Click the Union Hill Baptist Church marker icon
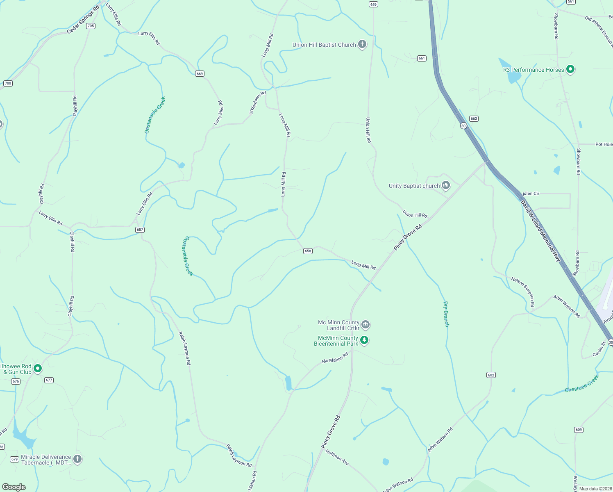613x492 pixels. [362, 44]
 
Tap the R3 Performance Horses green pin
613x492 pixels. [570, 69]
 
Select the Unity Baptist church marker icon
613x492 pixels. [446, 185]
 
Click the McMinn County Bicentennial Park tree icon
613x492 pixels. [364, 340]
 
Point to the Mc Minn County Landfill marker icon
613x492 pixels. [366, 325]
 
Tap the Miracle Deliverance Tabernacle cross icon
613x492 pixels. [77, 459]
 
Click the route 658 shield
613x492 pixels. [308, 251]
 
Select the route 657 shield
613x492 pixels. [140, 230]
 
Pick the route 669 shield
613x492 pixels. [200, 74]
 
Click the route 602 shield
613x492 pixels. [491, 375]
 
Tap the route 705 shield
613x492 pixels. [91, 26]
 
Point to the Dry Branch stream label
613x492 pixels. [446, 314]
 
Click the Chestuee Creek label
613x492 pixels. [581, 384]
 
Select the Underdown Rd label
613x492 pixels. [257, 103]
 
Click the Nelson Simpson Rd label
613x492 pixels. [523, 292]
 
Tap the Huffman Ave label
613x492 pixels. [337, 458]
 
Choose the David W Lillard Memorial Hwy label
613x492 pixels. [540, 231]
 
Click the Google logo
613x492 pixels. [14, 487]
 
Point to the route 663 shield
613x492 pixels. [474, 118]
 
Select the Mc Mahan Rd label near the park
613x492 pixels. [335, 358]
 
